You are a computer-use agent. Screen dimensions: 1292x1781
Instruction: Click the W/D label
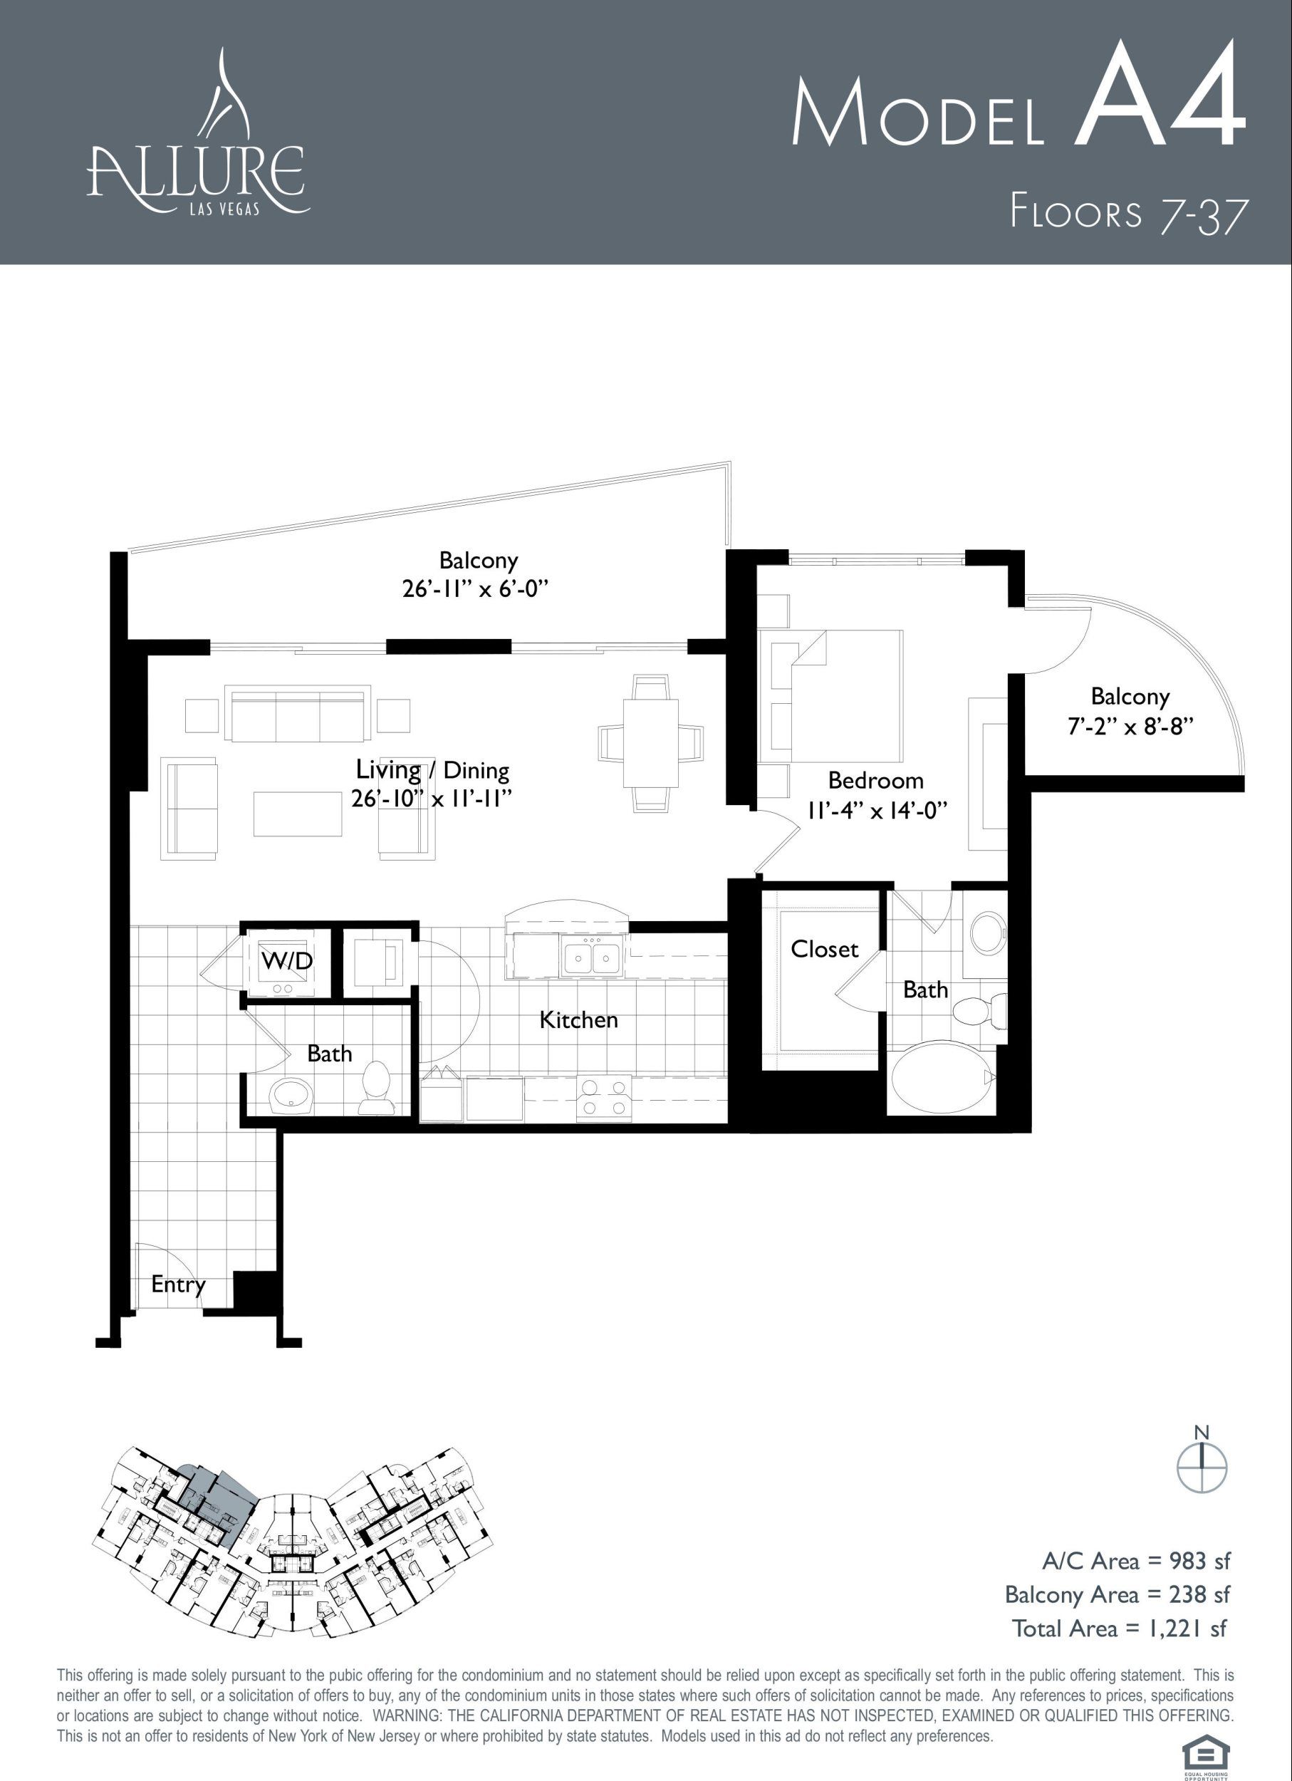(286, 960)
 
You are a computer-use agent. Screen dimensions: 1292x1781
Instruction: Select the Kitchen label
(578, 1019)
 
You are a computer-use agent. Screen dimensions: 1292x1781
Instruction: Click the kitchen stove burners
(605, 1098)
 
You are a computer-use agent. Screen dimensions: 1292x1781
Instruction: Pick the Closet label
(824, 949)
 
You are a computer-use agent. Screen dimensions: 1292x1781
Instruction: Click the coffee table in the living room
(298, 814)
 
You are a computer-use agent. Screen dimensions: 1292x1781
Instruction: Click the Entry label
(178, 1284)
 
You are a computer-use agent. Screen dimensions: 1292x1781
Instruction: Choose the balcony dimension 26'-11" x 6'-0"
(474, 589)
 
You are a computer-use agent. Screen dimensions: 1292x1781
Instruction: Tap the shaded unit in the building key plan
(212, 1503)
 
